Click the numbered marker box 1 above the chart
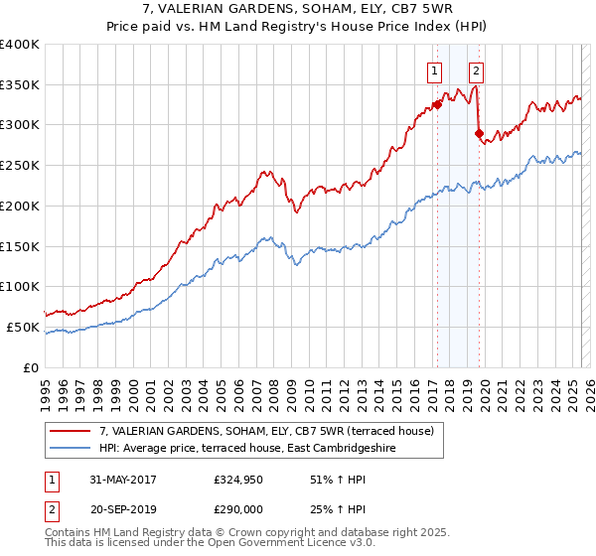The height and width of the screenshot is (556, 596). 435,70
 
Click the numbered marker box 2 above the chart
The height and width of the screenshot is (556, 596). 477,70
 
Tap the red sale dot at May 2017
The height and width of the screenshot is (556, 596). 436,104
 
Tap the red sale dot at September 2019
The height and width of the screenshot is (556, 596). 478,132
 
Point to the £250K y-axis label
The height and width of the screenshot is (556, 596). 20,165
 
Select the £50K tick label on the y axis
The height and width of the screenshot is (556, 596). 24,327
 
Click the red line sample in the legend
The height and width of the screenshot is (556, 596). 71,432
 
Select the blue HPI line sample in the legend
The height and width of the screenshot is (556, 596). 71,449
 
